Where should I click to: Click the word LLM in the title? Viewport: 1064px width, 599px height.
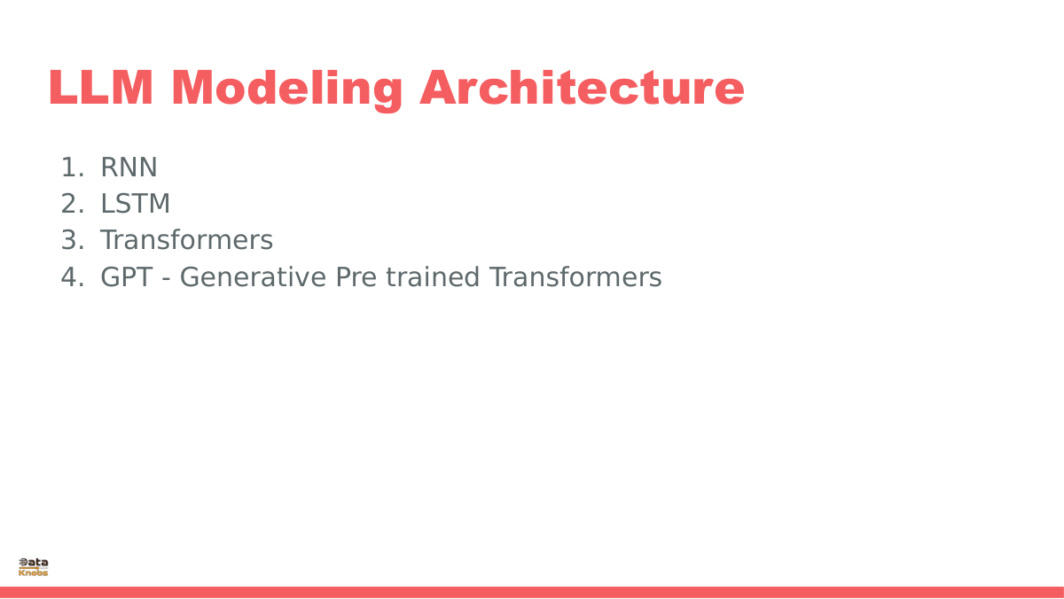coord(101,88)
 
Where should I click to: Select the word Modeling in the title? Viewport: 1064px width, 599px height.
coord(287,90)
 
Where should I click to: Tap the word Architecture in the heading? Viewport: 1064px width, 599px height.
coord(582,88)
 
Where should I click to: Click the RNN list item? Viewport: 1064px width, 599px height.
coord(129,167)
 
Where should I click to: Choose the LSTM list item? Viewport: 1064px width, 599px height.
coord(136,204)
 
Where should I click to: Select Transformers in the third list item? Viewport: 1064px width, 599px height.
coord(187,240)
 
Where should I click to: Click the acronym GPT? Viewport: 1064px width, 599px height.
coord(127,277)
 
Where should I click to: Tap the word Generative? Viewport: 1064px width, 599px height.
coord(254,277)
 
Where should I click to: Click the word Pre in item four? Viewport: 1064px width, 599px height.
coord(356,277)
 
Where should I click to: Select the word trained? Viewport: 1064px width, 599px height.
coord(433,277)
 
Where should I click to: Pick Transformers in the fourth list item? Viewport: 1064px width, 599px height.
coord(575,277)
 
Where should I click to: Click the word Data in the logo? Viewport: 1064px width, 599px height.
coord(34,563)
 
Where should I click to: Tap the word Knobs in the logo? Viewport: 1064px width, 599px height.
coord(34,572)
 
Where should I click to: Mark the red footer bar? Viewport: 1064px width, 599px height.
coord(532,593)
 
